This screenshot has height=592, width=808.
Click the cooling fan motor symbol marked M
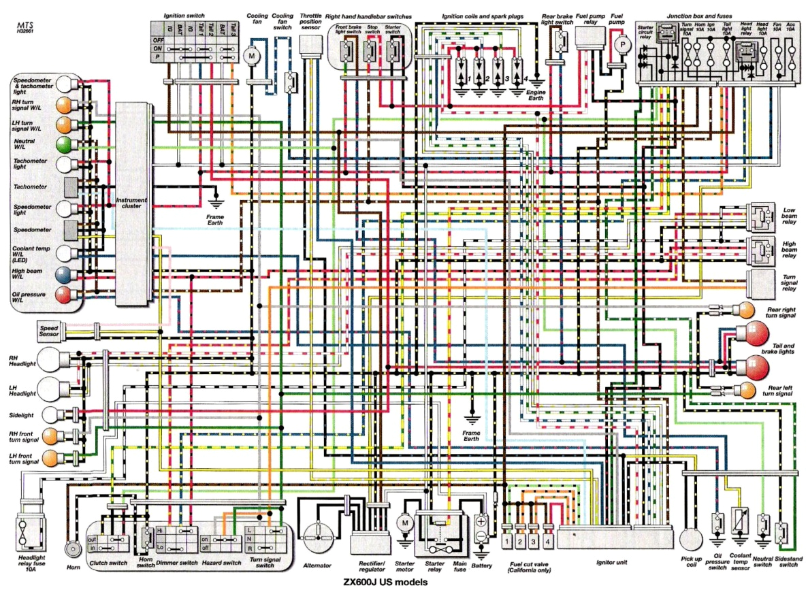click(x=251, y=54)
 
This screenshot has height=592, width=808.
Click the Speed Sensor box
click(x=50, y=331)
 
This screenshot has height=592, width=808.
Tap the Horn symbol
click(x=70, y=548)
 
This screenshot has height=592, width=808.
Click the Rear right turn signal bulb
click(x=748, y=311)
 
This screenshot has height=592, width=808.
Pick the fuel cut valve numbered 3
click(x=533, y=541)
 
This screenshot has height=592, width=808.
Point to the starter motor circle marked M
click(x=405, y=523)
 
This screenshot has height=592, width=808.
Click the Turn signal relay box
click(x=760, y=281)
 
